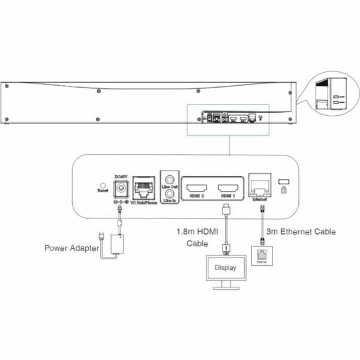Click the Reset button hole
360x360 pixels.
(x=102, y=184)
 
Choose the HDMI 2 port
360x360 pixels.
(x=196, y=186)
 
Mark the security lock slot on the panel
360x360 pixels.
(x=283, y=181)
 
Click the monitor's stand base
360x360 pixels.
(x=226, y=288)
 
